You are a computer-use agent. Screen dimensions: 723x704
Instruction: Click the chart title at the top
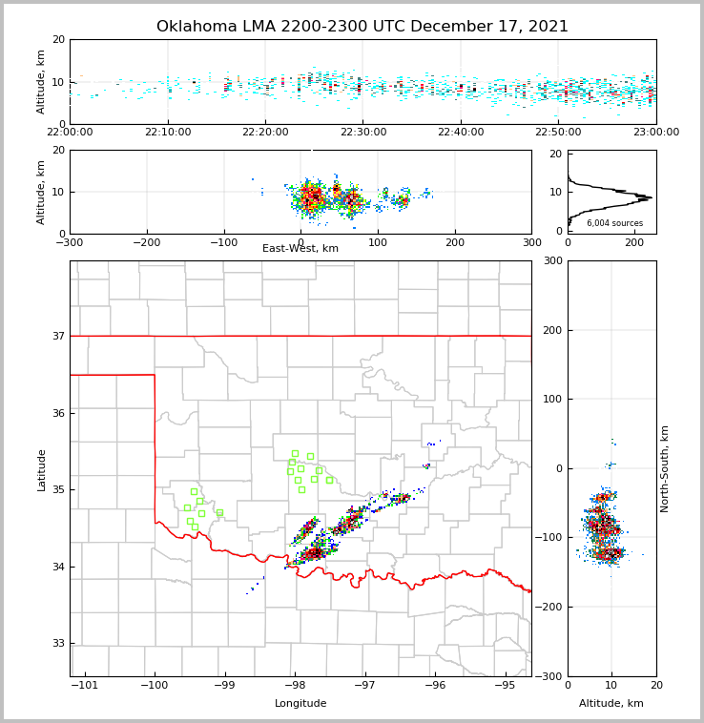[362, 27]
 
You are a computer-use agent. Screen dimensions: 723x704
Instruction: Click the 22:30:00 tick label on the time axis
[363, 133]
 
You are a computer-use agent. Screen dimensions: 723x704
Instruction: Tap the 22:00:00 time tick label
[70, 133]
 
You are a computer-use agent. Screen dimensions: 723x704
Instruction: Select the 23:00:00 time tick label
[656, 133]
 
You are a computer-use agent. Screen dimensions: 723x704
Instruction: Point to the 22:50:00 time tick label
[559, 133]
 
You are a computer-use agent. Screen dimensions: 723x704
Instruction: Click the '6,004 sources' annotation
[614, 223]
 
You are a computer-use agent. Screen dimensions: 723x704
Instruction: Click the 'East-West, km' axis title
[300, 249]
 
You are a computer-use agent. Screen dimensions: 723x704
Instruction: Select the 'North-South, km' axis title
[665, 468]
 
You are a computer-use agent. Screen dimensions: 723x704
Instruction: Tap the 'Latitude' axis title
[41, 469]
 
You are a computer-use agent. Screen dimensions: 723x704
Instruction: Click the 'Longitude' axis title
[300, 704]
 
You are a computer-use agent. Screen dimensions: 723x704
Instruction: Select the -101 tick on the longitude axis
[85, 685]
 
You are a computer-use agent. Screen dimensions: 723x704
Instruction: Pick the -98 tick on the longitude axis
[295, 685]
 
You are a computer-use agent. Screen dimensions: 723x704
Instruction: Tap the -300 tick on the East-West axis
[70, 242]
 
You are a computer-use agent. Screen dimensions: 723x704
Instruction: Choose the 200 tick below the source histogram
[634, 242]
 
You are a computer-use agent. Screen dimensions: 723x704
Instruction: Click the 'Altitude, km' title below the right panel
[611, 704]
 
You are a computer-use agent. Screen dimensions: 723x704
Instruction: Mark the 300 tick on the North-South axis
[550, 260]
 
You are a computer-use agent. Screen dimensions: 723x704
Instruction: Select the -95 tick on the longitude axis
[505, 685]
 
